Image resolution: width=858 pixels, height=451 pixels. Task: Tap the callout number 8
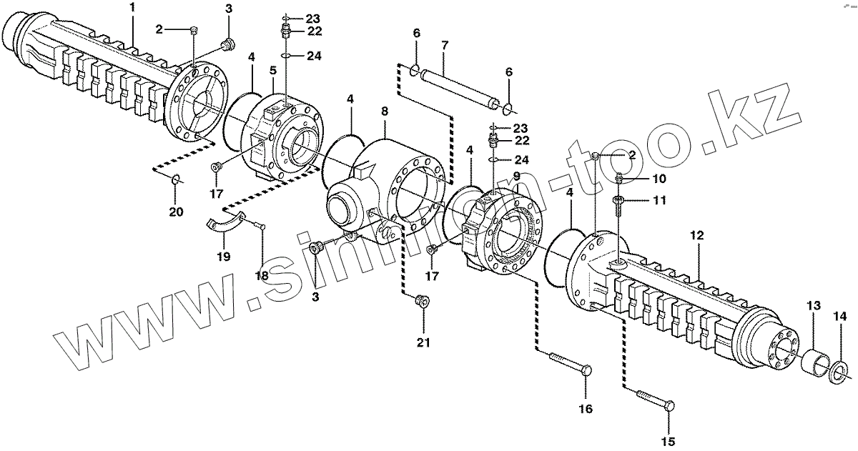(x=385, y=112)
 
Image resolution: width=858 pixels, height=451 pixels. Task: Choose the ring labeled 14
(x=839, y=370)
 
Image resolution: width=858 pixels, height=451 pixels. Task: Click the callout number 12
(x=697, y=235)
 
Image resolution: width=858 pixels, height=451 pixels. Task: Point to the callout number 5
(x=272, y=71)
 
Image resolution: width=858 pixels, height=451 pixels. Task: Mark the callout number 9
(x=516, y=176)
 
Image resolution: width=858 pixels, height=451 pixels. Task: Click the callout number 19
(x=223, y=257)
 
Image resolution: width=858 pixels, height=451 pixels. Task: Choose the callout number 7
(x=444, y=46)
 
